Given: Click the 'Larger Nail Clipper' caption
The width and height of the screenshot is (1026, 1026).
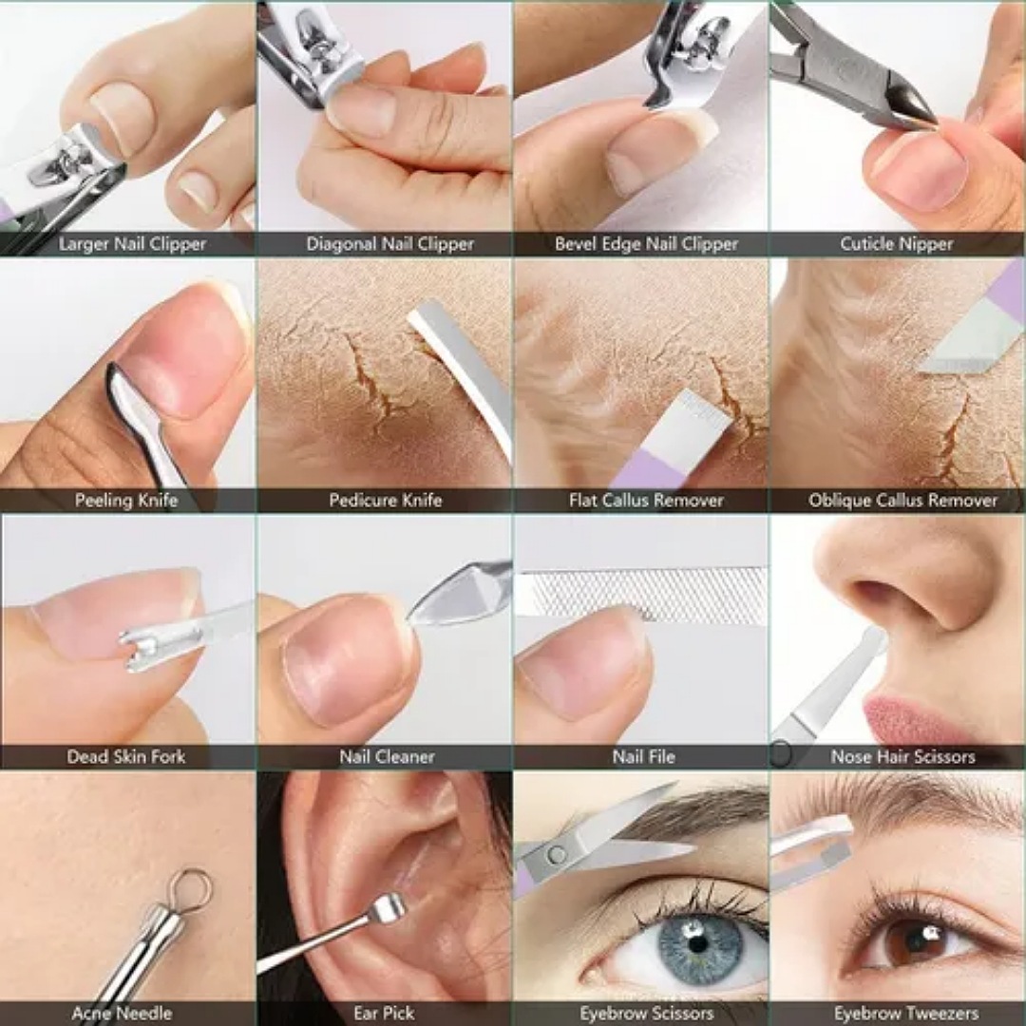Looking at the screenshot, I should pos(132,244).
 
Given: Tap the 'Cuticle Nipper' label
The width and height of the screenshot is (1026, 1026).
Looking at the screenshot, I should pos(896,244).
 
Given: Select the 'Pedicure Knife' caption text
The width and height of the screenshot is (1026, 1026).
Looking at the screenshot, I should pos(385,500).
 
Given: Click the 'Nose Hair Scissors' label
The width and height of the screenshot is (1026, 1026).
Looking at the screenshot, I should pos(902,756).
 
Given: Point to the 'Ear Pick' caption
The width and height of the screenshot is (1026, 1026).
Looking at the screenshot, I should pos(384,1013).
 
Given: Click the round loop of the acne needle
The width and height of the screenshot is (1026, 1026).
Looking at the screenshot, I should pos(190,885).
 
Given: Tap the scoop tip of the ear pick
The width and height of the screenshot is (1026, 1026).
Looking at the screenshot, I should pos(389,908).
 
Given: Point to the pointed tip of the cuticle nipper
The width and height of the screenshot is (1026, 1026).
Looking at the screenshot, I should pos(928,120).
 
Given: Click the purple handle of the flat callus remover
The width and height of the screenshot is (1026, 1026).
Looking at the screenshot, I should pos(646,469).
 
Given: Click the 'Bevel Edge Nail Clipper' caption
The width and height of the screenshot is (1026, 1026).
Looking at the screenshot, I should pos(646,244).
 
